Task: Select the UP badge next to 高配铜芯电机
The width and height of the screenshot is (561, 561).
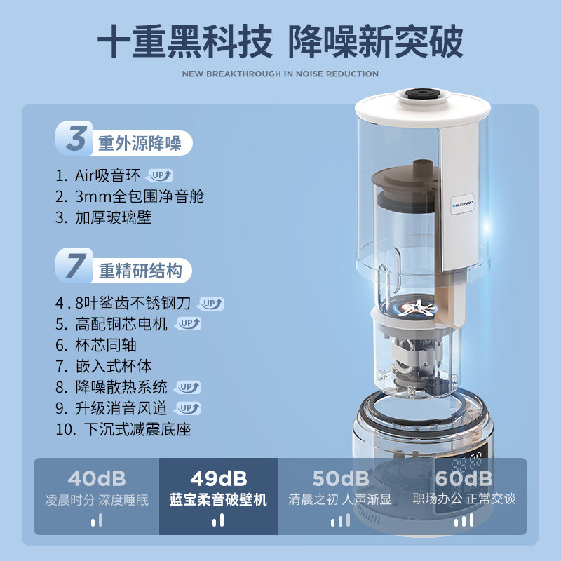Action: tap(188, 323)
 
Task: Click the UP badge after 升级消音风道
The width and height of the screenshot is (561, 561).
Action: tap(188, 407)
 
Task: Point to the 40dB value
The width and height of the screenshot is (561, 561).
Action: tap(97, 479)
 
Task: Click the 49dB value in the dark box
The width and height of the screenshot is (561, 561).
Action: tap(218, 479)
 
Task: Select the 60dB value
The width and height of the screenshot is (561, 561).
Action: tap(465, 479)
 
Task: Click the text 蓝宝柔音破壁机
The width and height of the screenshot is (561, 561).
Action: tap(218, 500)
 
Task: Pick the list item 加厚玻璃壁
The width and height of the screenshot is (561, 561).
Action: tap(114, 217)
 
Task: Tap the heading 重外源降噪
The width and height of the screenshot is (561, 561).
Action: tap(140, 144)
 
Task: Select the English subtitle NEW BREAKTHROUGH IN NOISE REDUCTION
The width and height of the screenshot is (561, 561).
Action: tap(280, 74)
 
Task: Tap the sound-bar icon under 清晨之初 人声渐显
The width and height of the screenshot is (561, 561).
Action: tap(340, 520)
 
